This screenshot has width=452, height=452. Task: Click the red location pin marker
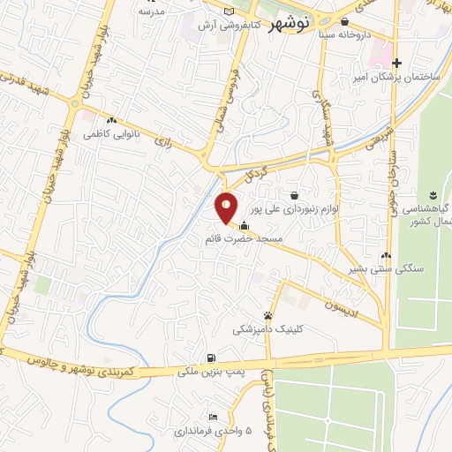[228, 207]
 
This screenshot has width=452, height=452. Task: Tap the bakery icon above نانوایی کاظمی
[110, 121]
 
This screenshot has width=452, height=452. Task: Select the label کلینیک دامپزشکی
[267, 329]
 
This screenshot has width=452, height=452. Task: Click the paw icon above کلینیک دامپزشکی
[267, 315]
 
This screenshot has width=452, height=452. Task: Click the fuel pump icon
[210, 358]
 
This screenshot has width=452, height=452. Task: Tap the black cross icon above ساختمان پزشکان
[397, 64]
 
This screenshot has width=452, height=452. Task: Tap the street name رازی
[162, 141]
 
